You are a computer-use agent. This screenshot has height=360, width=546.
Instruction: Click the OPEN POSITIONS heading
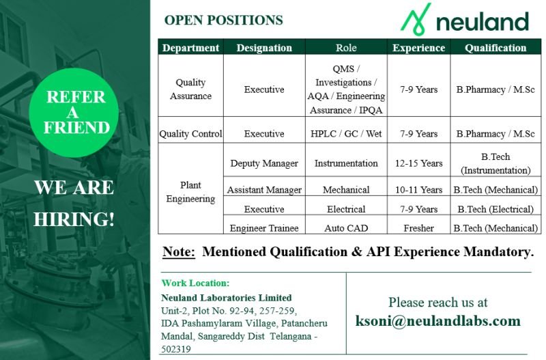223,20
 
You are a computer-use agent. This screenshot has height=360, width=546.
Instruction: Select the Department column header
191,48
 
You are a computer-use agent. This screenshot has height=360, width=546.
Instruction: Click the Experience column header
418,48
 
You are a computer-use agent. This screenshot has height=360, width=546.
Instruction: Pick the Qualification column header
495,48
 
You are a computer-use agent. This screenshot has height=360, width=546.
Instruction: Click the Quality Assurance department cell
190,89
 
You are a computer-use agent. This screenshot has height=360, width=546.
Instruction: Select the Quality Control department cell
190,134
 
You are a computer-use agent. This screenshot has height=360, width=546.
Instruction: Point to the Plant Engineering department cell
190,192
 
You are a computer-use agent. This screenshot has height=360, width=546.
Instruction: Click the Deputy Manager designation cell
264,163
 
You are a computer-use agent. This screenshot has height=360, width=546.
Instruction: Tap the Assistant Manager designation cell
264,190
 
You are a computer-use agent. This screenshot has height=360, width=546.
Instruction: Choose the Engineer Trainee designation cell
264,228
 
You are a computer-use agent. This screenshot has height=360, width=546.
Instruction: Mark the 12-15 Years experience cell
418,163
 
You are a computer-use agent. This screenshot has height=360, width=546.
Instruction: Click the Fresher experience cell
418,228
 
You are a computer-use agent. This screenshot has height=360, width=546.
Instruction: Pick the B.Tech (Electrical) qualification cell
495,209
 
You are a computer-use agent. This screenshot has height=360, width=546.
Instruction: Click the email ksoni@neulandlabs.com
437,321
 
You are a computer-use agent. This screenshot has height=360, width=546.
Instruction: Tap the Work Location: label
195,283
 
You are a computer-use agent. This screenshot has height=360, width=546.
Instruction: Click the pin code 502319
176,349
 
